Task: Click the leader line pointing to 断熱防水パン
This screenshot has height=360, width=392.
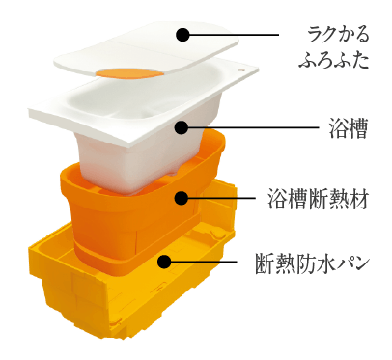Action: coord(208,262)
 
